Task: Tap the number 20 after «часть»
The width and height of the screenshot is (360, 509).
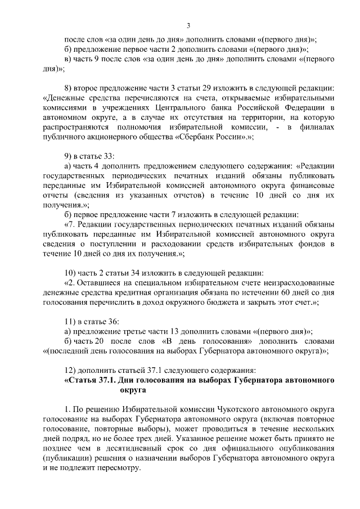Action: (x=101, y=341)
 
